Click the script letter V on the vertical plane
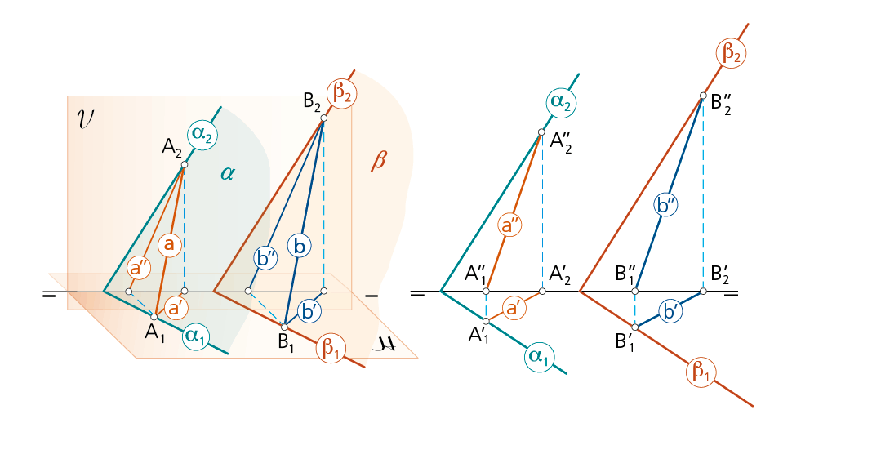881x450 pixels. [86, 120]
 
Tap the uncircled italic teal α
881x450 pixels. [227, 174]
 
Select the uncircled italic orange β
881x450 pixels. [379, 161]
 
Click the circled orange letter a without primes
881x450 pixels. [169, 246]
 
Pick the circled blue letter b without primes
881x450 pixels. [300, 246]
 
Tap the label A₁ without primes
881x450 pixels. [154, 333]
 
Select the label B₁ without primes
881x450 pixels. [286, 341]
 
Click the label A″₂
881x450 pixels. [561, 143]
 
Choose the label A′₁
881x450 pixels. [478, 336]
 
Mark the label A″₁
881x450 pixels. [475, 275]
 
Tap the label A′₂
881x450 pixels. [559, 275]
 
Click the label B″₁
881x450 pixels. [625, 275]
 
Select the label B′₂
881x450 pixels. [722, 275]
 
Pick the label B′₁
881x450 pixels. [625, 341]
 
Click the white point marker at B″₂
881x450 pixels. [703, 96]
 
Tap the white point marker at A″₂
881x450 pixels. [541, 132]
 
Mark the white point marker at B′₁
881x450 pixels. [635, 327]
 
